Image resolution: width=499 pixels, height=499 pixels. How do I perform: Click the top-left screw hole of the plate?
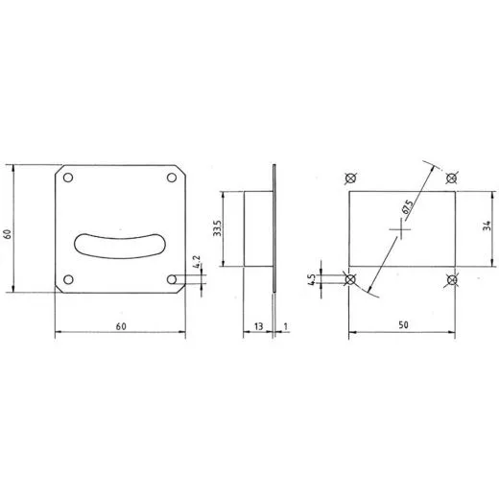[x=68, y=178]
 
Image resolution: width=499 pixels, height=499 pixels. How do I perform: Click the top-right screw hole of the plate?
[x=172, y=178]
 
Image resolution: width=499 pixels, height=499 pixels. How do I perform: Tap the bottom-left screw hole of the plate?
[x=68, y=279]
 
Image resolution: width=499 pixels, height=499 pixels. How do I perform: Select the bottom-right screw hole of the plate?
[x=172, y=279]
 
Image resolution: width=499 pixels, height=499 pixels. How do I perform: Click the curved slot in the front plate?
[x=120, y=246]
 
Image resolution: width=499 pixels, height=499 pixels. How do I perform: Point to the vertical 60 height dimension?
[x=8, y=233]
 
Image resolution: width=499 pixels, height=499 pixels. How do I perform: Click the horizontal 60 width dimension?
[x=121, y=326]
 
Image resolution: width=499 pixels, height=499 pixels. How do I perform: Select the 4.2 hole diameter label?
[x=198, y=261]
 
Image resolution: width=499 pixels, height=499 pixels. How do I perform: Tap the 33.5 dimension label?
[x=218, y=228]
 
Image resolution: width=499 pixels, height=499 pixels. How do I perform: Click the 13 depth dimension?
[x=258, y=326]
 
